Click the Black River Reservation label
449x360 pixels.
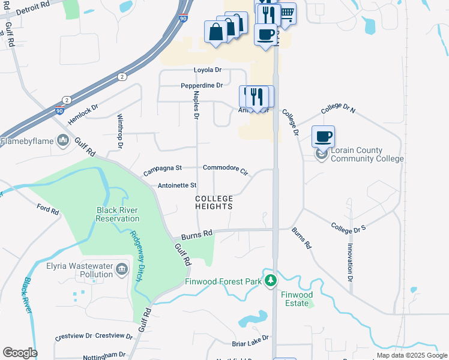pos(118,214)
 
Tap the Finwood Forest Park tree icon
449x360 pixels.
pos(271,280)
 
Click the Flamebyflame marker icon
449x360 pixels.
pos(63,141)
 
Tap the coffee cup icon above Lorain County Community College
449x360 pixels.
pos(323,137)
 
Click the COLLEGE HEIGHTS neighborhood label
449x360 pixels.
pos(214,202)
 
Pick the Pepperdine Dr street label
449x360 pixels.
pos(202,86)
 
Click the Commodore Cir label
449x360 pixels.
pos(225,169)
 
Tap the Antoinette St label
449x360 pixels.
pos(176,185)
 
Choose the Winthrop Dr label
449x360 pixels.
pos(120,131)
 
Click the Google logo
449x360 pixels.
pos(20,353)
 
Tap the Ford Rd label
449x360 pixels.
pos(47,210)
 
